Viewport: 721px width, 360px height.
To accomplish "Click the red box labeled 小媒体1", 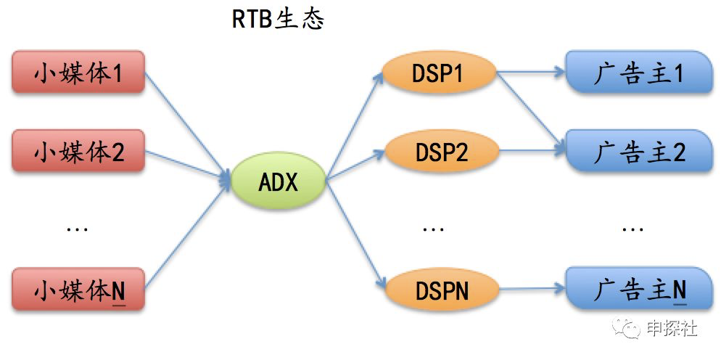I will [79, 74].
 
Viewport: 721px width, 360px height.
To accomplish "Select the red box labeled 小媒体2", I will [79, 152].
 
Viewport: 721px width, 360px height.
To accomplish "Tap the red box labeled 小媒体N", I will [79, 290].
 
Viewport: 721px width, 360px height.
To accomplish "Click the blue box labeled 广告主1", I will [638, 73].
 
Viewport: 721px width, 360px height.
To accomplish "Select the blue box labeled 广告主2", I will [638, 152].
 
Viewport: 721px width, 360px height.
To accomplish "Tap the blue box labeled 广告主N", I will [638, 290].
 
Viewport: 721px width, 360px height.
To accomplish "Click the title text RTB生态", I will [277, 20].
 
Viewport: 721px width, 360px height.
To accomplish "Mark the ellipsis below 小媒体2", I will [77, 230].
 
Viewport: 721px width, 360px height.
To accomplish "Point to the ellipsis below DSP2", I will [433, 230].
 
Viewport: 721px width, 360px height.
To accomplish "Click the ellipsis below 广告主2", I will [633, 230].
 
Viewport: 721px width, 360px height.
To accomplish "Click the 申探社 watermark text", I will [672, 328].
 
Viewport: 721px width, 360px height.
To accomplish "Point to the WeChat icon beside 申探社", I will [628, 329].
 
